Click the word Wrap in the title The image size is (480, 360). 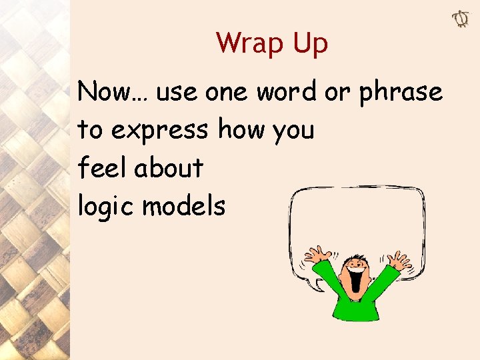point(244,43)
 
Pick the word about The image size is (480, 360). point(168,167)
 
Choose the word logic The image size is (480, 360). point(106,207)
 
